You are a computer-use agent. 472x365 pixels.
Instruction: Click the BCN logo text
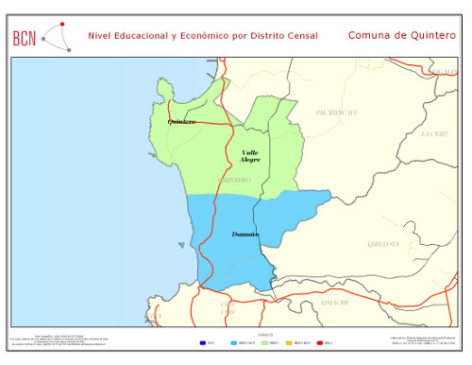click(25, 38)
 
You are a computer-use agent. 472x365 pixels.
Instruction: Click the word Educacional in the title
click(140, 35)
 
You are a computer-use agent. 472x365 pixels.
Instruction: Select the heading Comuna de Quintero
click(401, 35)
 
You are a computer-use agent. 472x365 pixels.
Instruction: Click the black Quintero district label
click(181, 122)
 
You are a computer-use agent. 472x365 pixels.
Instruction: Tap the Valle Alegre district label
click(250, 156)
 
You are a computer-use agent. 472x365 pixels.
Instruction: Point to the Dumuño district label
click(245, 234)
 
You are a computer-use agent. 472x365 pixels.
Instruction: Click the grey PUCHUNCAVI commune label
click(335, 113)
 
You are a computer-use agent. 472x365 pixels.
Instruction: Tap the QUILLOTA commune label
click(383, 244)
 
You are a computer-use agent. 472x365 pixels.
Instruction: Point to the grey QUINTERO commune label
click(233, 180)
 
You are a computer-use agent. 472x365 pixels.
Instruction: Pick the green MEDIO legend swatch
click(264, 342)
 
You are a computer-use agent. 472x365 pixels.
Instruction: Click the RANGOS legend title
click(264, 335)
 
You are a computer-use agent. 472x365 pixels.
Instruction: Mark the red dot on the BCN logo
click(61, 24)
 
